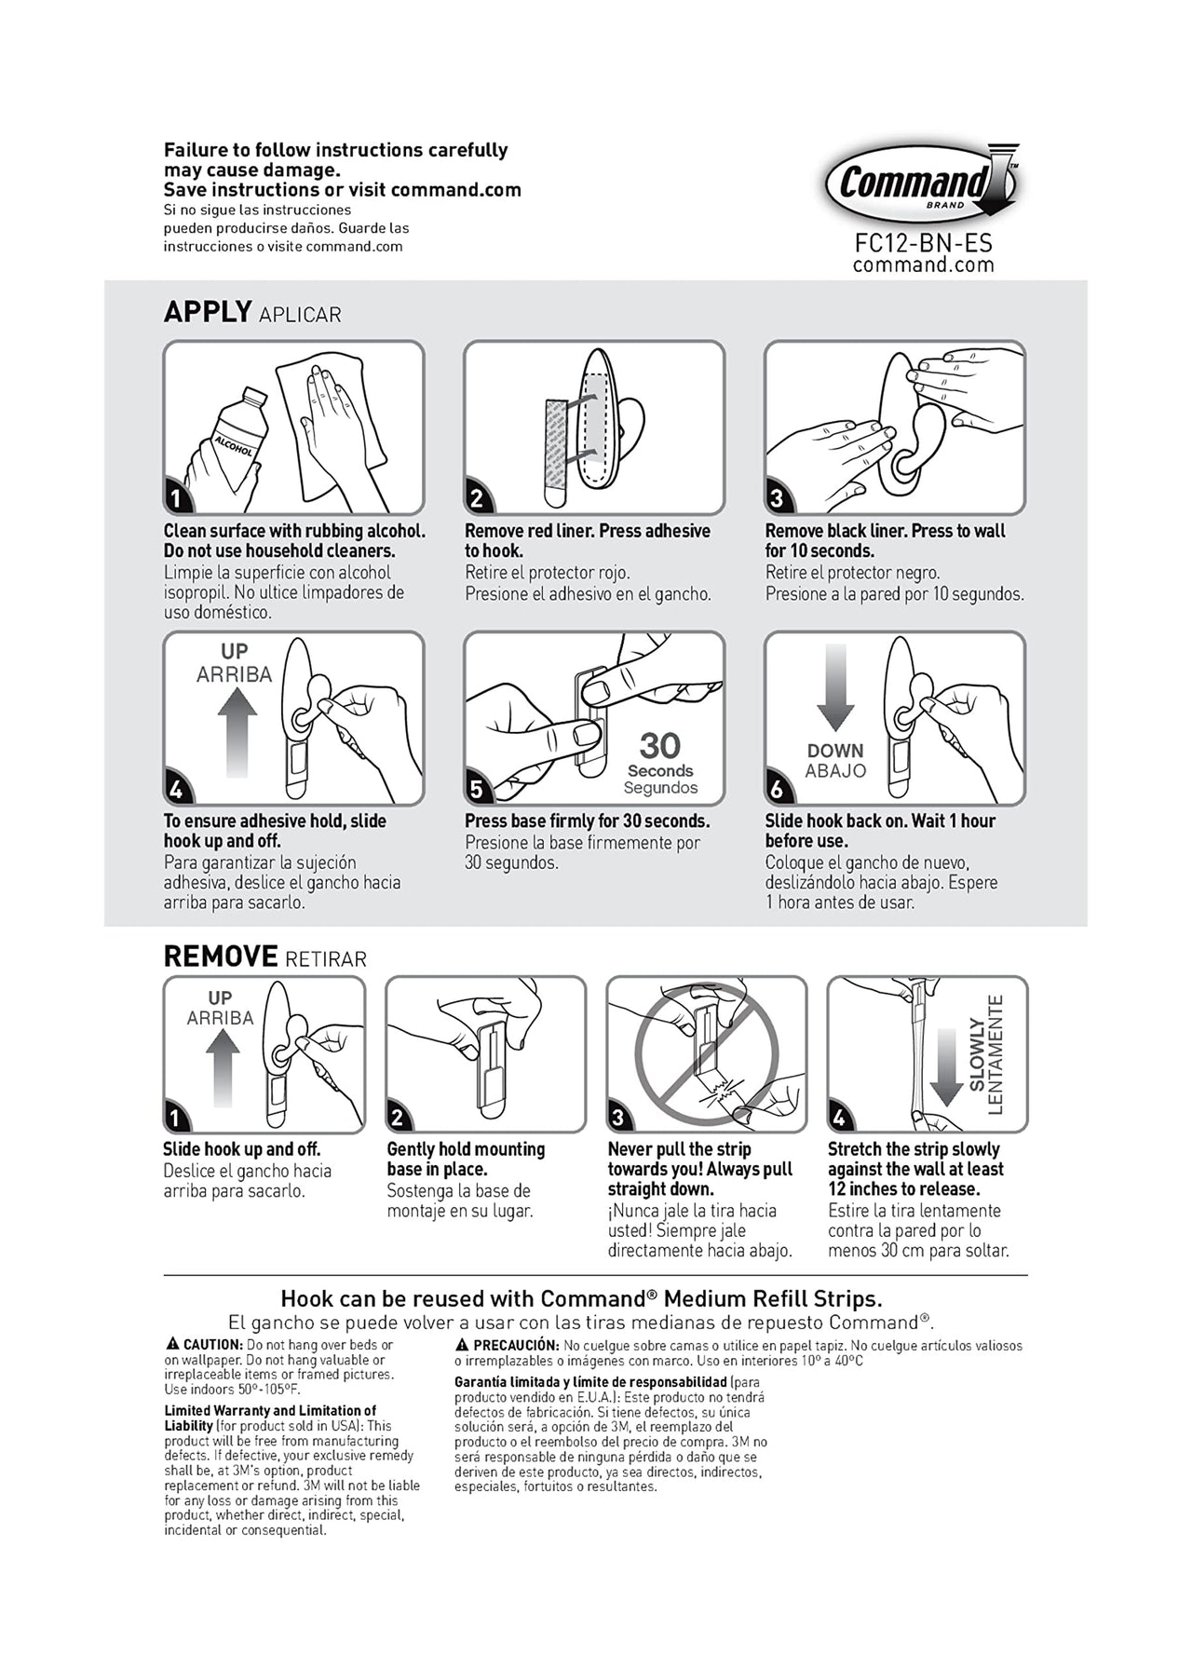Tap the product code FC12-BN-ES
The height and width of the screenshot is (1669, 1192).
923,243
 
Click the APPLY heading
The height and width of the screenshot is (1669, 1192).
208,312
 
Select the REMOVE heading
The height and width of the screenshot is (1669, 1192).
221,957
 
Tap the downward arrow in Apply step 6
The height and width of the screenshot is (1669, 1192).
835,687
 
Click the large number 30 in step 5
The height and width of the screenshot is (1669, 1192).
659,745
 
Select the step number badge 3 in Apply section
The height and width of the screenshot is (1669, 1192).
776,499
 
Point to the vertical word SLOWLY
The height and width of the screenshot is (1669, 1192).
977,1054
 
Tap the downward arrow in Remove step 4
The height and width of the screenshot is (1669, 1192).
946,1066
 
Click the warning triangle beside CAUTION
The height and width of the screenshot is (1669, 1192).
172,1344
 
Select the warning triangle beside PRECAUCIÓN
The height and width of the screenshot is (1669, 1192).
462,1345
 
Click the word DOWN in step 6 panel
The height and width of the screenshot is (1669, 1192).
835,751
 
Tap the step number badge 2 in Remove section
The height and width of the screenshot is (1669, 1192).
398,1118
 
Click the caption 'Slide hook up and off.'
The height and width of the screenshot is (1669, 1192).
241,1149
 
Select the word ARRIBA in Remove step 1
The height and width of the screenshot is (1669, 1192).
220,1018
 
